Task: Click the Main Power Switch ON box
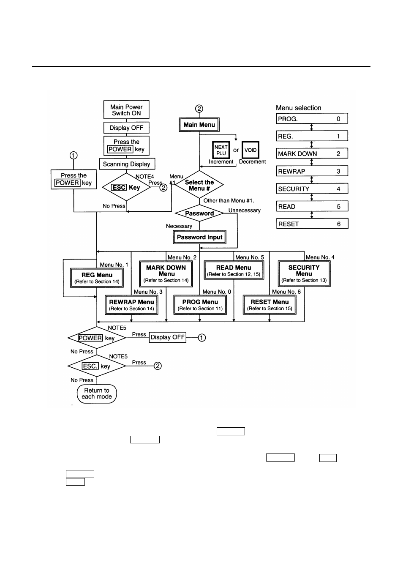[126, 110]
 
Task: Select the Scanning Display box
[127, 164]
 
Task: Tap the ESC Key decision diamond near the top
[126, 187]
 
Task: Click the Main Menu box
[199, 125]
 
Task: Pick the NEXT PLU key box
[221, 150]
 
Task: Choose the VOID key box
[251, 150]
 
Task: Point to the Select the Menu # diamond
[199, 185]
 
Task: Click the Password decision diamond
[199, 213]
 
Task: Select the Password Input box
[200, 237]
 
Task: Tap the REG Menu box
[97, 278]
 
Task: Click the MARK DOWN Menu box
[166, 273]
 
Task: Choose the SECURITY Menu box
[304, 273]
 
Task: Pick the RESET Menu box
[270, 305]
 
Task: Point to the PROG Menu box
[200, 305]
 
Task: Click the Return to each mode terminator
[97, 393]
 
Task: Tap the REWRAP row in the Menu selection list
[312, 171]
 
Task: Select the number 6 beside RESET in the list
[339, 224]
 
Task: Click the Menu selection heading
[299, 108]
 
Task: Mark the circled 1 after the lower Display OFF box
[202, 338]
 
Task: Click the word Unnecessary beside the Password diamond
[245, 210]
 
